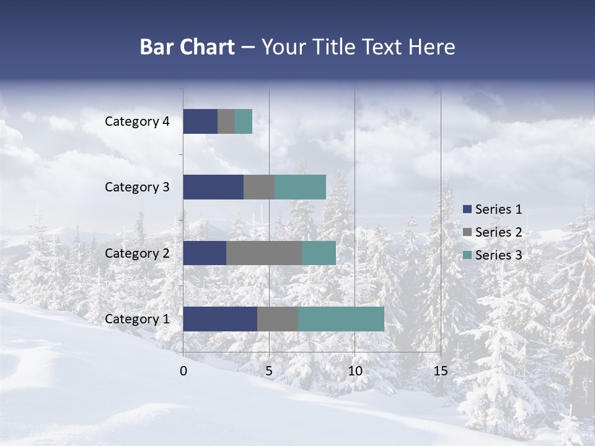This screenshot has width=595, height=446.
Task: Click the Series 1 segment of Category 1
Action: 220,319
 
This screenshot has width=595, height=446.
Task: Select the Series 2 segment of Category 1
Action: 278,319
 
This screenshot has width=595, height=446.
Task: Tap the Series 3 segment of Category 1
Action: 341,319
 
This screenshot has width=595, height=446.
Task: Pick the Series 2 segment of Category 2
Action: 264,253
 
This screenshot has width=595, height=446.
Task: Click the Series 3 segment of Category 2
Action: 319,253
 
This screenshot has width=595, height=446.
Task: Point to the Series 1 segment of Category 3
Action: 213,187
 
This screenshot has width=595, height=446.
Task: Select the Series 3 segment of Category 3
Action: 300,187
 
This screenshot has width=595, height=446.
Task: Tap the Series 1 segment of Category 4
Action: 200,121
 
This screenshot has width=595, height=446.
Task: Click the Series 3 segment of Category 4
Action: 244,121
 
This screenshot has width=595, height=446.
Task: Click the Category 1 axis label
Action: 137,319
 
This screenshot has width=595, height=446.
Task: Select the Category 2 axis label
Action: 137,253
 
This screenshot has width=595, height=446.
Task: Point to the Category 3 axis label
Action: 137,187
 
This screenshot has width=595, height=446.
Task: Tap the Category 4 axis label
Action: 137,121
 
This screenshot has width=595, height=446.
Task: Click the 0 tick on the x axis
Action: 183,371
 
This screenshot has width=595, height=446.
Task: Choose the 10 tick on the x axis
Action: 355,371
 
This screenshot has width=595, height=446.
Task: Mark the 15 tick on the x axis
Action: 440,371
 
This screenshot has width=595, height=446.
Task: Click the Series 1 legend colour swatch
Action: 467,209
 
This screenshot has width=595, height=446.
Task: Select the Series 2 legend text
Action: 498,232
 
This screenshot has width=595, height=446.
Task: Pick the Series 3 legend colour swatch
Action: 467,255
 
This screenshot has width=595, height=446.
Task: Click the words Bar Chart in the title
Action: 187,47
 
